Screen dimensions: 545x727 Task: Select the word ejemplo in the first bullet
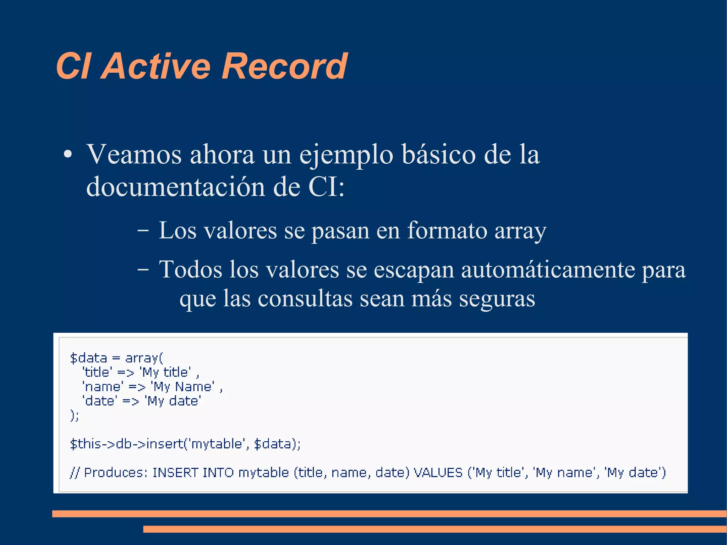coord(346,155)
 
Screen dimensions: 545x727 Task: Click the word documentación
coord(176,187)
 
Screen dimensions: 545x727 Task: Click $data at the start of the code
coord(88,358)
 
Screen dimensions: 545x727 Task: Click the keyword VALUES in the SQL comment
coord(438,473)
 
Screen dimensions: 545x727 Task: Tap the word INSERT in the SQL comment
coord(175,473)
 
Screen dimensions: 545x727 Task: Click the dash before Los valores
coord(143,231)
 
